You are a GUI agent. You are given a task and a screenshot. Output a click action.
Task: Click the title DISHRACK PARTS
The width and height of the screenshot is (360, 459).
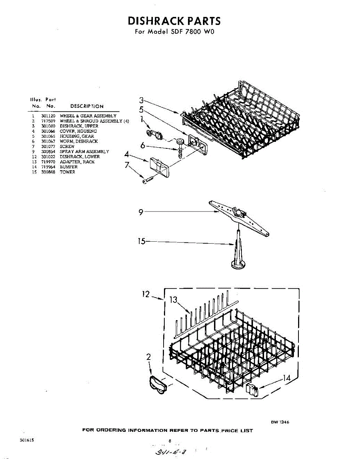174,21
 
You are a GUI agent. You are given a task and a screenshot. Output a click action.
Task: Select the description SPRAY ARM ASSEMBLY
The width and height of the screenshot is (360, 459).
84,151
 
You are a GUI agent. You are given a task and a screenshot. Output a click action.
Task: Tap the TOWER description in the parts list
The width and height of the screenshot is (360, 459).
67,172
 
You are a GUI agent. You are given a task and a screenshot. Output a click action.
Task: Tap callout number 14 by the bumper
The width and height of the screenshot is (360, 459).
286,378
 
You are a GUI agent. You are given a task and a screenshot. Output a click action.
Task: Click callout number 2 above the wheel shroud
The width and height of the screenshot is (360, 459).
149,357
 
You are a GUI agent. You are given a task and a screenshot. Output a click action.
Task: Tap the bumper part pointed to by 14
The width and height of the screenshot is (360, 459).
252,390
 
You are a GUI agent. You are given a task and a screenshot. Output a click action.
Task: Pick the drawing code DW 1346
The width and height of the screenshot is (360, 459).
280,422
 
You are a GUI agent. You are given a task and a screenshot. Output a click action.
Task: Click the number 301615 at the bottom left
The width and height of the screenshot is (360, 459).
27,441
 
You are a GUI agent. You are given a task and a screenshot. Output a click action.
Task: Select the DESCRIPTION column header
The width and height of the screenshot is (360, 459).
87,106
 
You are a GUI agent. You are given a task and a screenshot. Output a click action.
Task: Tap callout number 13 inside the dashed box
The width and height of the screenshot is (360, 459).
174,300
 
